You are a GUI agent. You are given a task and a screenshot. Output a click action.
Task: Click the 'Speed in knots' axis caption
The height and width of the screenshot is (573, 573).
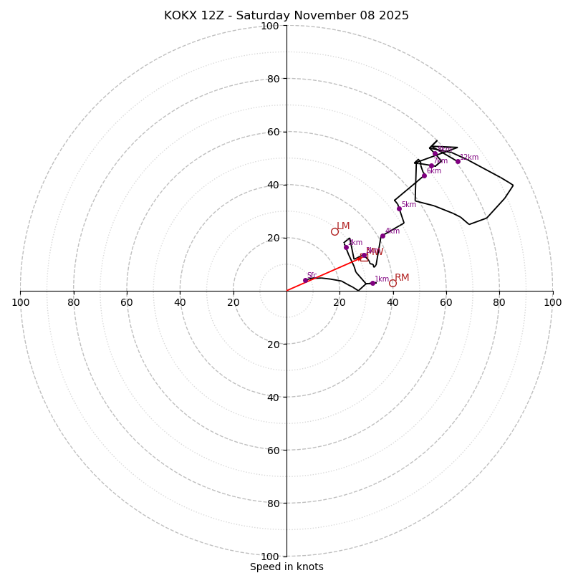coord(286,567)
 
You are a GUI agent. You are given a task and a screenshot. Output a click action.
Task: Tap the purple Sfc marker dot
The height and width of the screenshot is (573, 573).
coord(305,280)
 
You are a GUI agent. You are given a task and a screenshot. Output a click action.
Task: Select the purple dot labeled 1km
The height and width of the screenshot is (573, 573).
coord(372,283)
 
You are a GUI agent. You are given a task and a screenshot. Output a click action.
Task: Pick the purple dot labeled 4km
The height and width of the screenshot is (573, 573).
coord(382,236)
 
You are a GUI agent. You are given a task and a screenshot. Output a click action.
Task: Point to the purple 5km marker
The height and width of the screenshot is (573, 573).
coord(399,208)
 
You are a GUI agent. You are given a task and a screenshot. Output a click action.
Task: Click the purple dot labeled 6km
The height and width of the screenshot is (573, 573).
coord(424,175)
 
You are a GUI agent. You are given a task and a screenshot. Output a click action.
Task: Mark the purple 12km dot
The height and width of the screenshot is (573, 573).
coord(458,161)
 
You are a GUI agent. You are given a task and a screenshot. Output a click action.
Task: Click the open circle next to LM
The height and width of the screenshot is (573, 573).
coord(334,231)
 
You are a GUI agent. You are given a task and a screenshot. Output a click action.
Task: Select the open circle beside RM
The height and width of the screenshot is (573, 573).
coord(393,283)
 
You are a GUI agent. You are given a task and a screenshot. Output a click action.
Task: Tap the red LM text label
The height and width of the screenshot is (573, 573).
coord(343,226)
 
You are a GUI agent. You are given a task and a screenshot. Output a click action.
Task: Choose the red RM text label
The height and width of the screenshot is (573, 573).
coord(402,278)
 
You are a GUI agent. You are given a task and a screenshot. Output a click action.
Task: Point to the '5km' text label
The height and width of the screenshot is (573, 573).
coord(408,205)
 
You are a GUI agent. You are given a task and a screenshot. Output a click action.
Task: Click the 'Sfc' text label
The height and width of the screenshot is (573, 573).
coord(312,275)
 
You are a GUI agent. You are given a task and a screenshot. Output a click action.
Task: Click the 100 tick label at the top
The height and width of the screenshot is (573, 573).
coord(270,26)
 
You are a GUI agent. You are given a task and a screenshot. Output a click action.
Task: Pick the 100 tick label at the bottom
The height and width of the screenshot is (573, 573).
coord(270,556)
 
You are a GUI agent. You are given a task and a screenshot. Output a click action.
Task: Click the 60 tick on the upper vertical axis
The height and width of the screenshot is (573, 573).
coord(273,132)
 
